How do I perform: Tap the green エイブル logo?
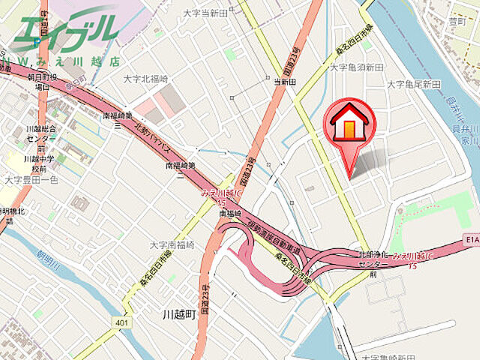[x=66, y=30]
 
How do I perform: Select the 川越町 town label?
[x=179, y=314]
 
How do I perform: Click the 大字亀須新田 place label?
[x=357, y=67]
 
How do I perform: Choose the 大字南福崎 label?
[x=172, y=244]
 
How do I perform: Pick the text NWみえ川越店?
[x=64, y=59]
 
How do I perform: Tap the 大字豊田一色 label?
[x=31, y=180]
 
